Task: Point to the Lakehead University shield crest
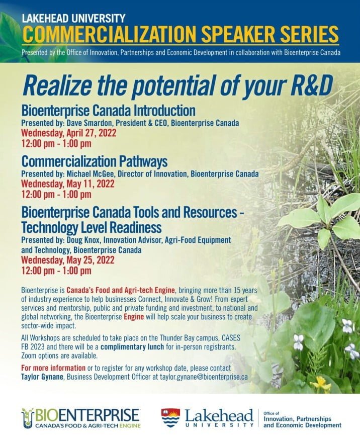(x=170, y=417)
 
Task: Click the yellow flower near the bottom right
(x=320, y=384)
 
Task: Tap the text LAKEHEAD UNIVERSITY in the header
(x=73, y=18)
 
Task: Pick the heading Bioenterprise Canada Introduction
(x=108, y=110)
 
